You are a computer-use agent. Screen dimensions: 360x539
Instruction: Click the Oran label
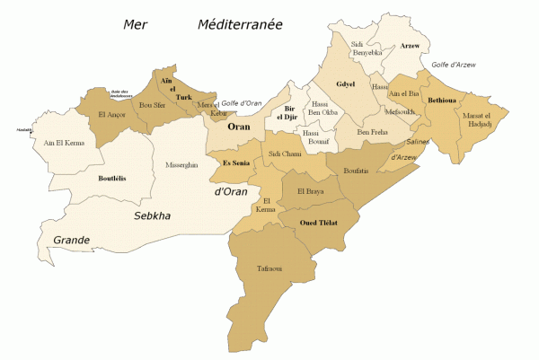pyautogui.click(x=238, y=127)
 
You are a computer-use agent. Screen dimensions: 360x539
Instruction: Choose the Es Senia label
pyautogui.click(x=236, y=162)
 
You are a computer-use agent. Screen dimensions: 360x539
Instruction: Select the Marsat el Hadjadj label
pyautogui.click(x=477, y=120)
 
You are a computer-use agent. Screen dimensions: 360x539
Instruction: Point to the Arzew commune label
pyautogui.click(x=410, y=45)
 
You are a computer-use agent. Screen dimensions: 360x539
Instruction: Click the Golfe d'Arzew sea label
pyautogui.click(x=454, y=65)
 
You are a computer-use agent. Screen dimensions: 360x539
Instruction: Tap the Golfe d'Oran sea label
pyautogui.click(x=241, y=103)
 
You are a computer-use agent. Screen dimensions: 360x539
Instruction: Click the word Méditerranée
pyautogui.click(x=240, y=25)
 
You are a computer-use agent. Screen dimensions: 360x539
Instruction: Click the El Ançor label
pyautogui.click(x=112, y=115)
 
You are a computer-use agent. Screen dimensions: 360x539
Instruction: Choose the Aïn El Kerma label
pyautogui.click(x=64, y=143)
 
